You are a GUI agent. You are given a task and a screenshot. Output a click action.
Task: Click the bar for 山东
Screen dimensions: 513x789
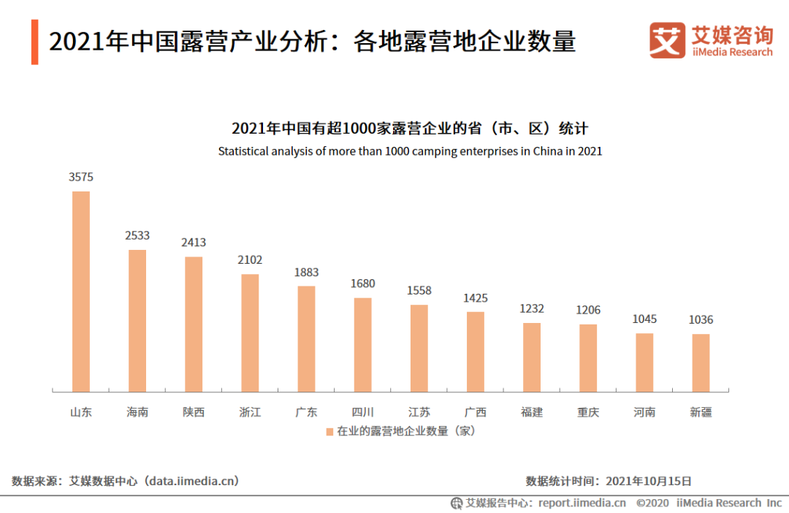pos(80,292)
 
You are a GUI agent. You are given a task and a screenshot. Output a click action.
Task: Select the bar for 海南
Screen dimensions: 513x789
pos(137,321)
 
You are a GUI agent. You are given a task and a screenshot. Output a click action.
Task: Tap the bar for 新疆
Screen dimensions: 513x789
pos(701,362)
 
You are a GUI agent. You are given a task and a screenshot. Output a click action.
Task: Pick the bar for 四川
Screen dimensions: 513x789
pos(362,344)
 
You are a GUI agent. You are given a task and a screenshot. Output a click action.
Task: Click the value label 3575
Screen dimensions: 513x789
pos(81,177)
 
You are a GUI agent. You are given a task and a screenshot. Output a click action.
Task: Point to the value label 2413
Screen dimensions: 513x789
pos(194,242)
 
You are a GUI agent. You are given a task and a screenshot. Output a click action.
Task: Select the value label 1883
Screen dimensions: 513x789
pos(306,272)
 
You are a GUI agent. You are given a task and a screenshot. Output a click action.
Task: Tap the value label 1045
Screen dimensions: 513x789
pos(644,319)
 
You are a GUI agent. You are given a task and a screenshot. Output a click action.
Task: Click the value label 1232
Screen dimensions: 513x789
pos(532,308)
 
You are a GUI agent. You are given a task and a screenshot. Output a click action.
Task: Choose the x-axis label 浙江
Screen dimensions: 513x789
pos(250,412)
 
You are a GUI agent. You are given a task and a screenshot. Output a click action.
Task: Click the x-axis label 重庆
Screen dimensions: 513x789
pos(588,412)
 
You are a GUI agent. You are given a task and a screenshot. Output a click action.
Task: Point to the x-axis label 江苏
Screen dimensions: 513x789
pos(419,412)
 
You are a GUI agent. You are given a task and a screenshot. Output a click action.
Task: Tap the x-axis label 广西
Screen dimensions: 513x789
pos(476,412)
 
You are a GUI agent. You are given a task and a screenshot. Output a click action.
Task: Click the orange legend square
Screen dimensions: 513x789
pos(329,431)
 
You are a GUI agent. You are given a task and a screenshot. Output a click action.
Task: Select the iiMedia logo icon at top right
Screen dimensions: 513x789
pos(667,40)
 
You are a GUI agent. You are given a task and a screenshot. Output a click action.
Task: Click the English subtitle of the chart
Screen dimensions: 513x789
pos(410,151)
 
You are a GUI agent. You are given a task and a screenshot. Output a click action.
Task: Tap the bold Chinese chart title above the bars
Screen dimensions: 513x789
pos(410,129)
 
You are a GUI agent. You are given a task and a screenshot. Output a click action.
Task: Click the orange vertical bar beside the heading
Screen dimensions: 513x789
pos(34,42)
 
